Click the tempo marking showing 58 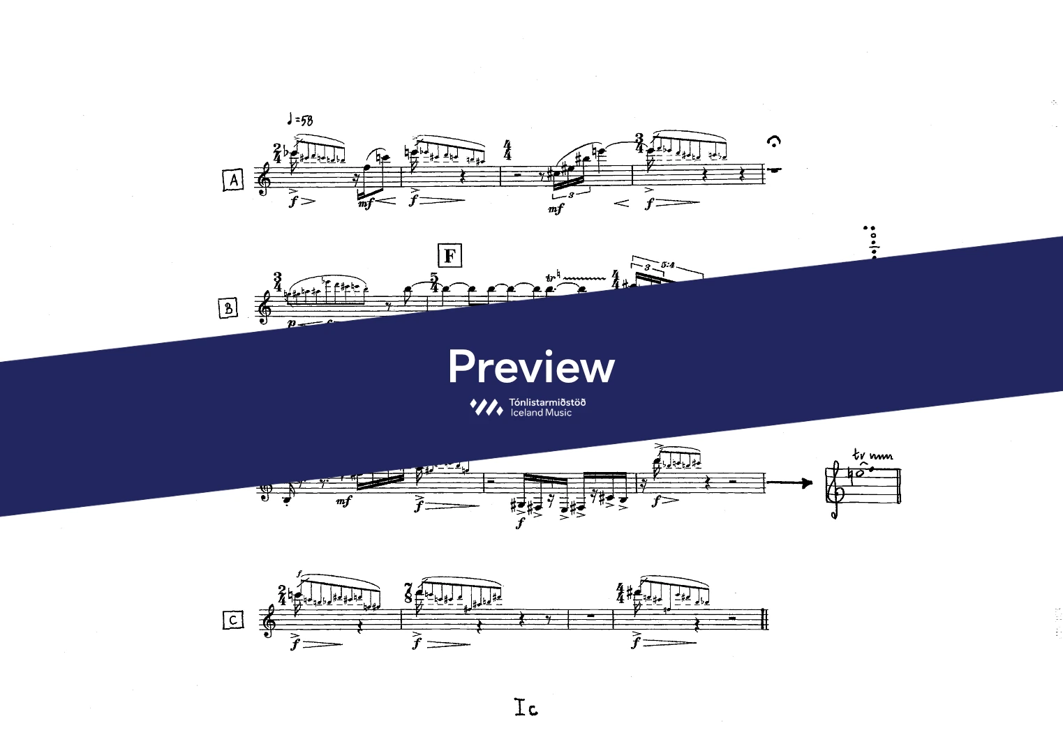click(301, 121)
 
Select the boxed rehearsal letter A click(233, 180)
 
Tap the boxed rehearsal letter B click(228, 307)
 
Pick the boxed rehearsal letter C click(233, 619)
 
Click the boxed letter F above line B click(449, 256)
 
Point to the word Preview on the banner click(531, 367)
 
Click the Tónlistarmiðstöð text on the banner click(547, 402)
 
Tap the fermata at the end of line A click(773, 142)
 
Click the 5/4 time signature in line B click(434, 282)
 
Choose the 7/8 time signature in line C click(408, 593)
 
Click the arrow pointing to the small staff click(790, 482)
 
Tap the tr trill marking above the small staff click(859, 455)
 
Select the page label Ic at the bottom click(526, 708)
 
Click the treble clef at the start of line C click(268, 620)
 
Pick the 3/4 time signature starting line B click(278, 282)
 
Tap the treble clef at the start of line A click(264, 180)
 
